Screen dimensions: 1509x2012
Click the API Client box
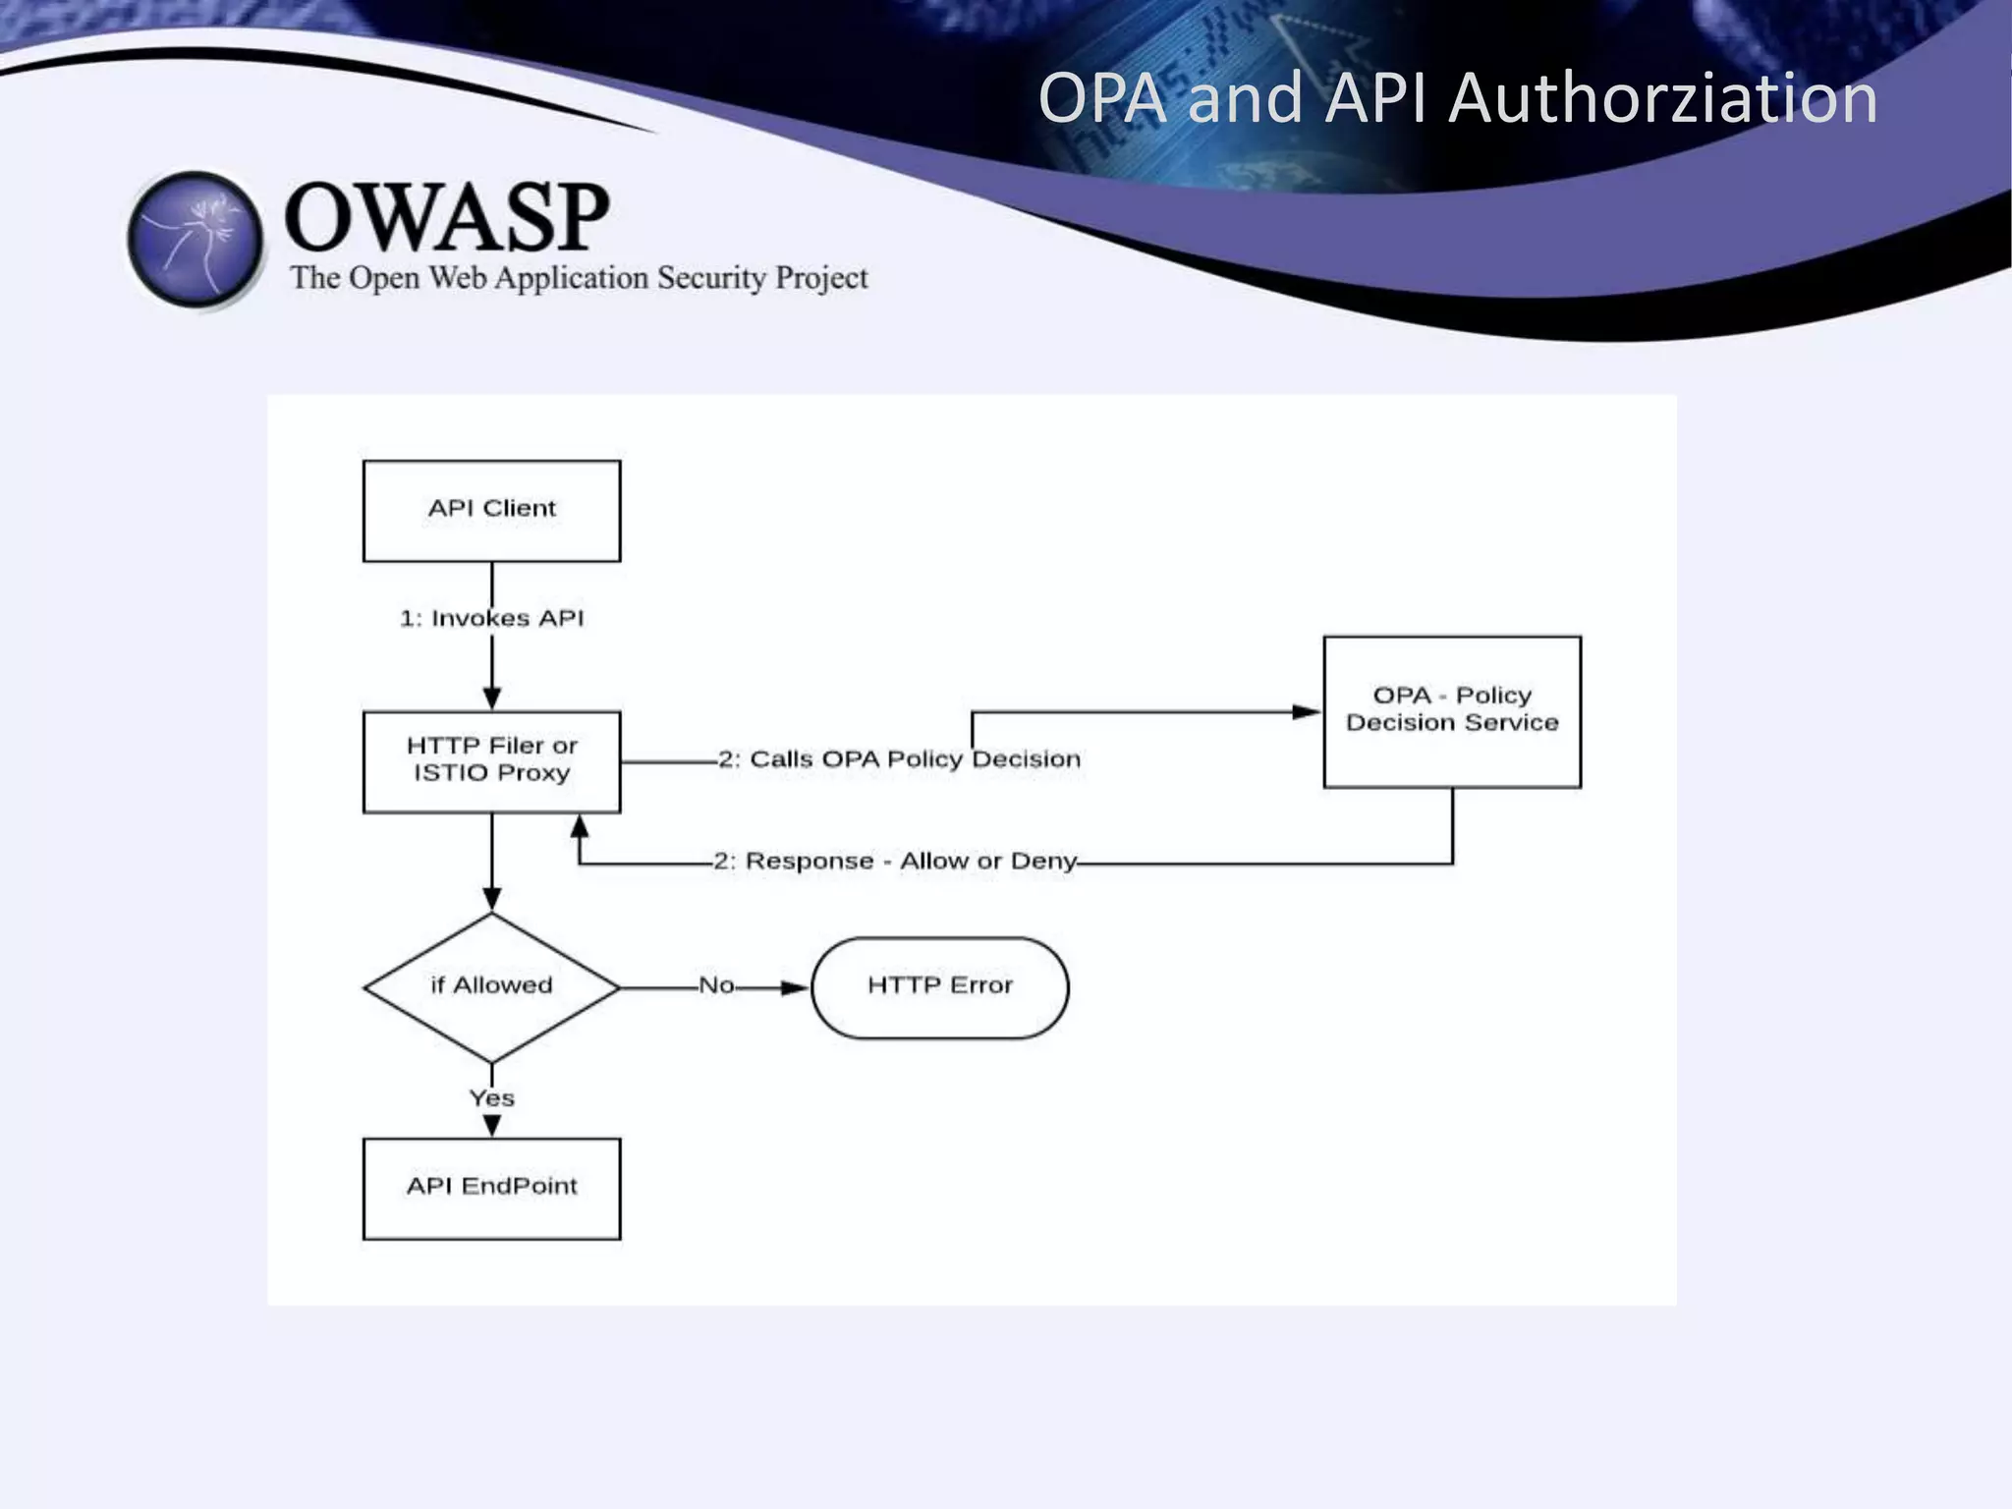coord(491,511)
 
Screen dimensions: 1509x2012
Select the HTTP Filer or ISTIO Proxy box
coord(491,761)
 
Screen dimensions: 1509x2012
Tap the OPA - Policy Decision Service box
coord(1452,711)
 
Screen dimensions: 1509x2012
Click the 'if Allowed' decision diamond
coord(491,986)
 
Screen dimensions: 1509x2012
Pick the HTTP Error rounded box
coord(939,986)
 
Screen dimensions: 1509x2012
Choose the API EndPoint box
coord(491,1188)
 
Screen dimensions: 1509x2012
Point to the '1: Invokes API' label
coord(491,618)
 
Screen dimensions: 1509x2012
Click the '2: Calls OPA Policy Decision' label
coord(899,759)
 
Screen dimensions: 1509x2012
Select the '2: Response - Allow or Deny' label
coord(895,862)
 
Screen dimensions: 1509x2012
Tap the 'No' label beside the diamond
coord(716,985)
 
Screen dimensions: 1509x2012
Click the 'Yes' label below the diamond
coord(491,1098)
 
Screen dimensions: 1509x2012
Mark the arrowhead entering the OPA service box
coord(1307,712)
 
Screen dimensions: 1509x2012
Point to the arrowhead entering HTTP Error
coord(795,987)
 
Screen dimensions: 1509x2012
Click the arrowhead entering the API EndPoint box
coord(492,1126)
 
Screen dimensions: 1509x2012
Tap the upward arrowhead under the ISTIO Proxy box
coord(580,826)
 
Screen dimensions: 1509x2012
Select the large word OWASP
coord(447,217)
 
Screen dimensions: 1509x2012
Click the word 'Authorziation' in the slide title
coord(1662,98)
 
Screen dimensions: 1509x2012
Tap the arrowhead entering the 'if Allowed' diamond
coord(492,898)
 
